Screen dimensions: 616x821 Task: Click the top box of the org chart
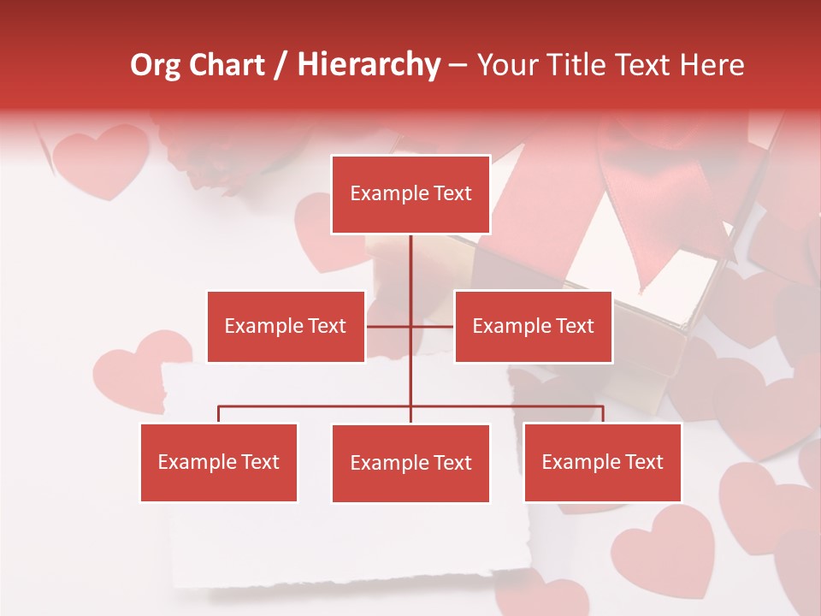tap(410, 194)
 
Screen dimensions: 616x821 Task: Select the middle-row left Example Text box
tap(286, 326)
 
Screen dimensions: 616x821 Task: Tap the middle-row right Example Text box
tap(533, 326)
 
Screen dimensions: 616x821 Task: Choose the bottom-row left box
tap(219, 462)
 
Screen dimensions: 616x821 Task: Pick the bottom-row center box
tap(410, 463)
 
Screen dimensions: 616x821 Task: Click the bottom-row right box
tap(602, 462)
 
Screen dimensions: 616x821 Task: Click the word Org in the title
tap(155, 65)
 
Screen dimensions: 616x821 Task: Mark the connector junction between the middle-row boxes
tap(410, 326)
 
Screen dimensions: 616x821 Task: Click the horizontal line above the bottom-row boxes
tap(316, 406)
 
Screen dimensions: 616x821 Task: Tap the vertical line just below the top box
tap(410, 257)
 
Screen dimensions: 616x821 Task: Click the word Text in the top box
tap(452, 193)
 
